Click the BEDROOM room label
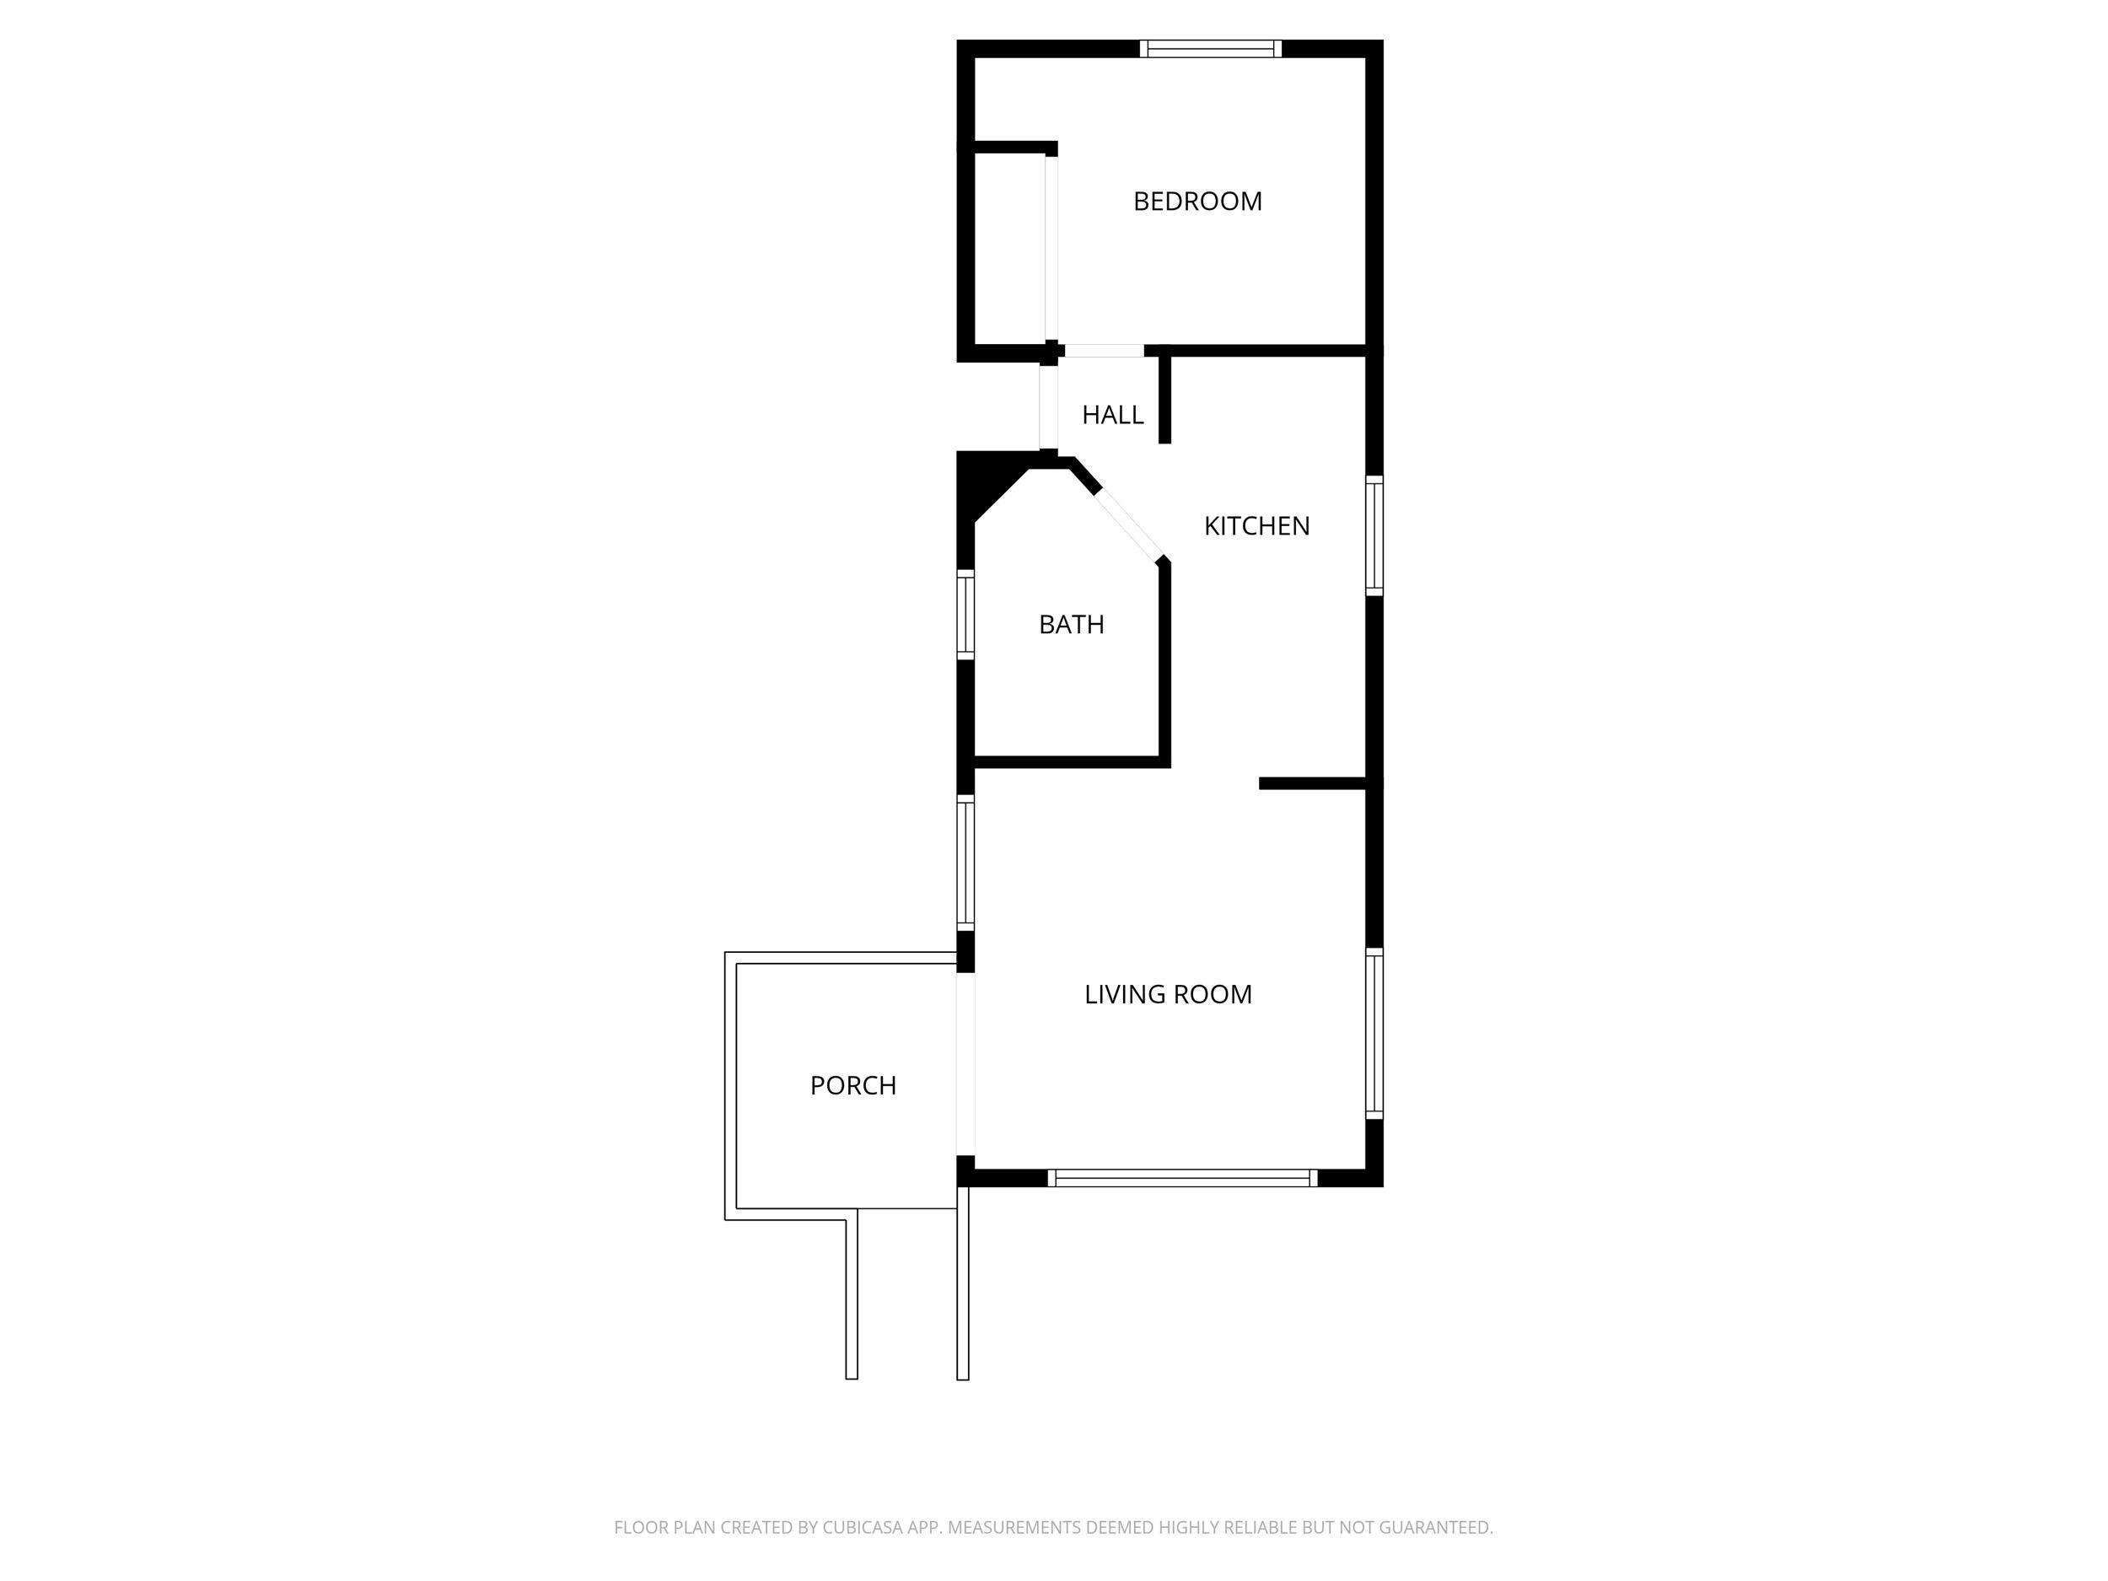click(x=1197, y=201)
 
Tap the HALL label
click(x=1112, y=415)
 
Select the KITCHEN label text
click(x=1256, y=525)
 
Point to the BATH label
click(x=1071, y=624)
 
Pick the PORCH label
click(x=853, y=1085)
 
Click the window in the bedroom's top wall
click(x=1210, y=49)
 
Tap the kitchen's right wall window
click(x=1374, y=535)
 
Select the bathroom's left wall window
click(x=965, y=615)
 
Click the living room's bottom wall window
click(x=1183, y=1178)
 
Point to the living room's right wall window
click(x=1374, y=1033)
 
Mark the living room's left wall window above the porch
click(x=965, y=863)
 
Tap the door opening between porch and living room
click(x=965, y=1064)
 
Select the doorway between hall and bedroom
click(x=1104, y=351)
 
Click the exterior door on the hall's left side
click(x=1048, y=407)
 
